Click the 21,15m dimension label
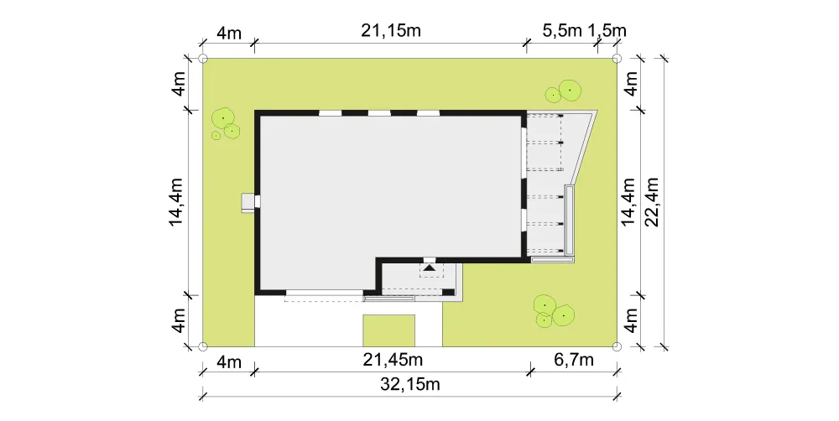(x=391, y=31)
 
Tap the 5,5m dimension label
(x=562, y=31)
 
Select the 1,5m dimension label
(x=607, y=31)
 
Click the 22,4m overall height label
(x=652, y=201)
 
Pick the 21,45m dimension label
(x=393, y=360)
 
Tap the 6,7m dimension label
(x=574, y=360)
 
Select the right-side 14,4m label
(x=629, y=201)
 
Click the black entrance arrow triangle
(x=429, y=267)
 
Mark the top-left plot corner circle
(x=203, y=59)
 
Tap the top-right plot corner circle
(x=617, y=59)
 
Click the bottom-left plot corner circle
(x=203, y=346)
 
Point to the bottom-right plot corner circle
(x=617, y=346)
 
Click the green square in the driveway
(x=389, y=330)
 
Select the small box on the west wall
(x=248, y=202)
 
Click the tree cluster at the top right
(x=564, y=91)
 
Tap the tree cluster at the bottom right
(x=554, y=311)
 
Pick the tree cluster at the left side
(x=225, y=124)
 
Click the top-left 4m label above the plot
(x=229, y=33)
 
